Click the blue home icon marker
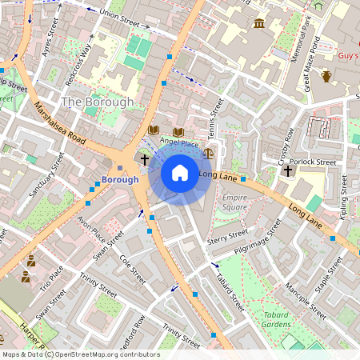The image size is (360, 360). coord(180,172)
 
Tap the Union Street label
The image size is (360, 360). coord(118,14)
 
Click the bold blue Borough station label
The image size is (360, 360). coord(120,179)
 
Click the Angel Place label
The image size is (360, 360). coord(178,142)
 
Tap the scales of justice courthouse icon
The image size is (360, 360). coord(209,151)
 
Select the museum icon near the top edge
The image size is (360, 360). coord(259,23)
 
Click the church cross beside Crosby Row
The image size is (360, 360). coord(287,170)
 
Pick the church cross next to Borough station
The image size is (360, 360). coord(145,160)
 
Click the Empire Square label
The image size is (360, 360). coord(234,202)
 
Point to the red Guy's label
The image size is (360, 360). coord(348,56)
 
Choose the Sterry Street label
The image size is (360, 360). coord(228,236)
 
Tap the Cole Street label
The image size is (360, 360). coord(130,270)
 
